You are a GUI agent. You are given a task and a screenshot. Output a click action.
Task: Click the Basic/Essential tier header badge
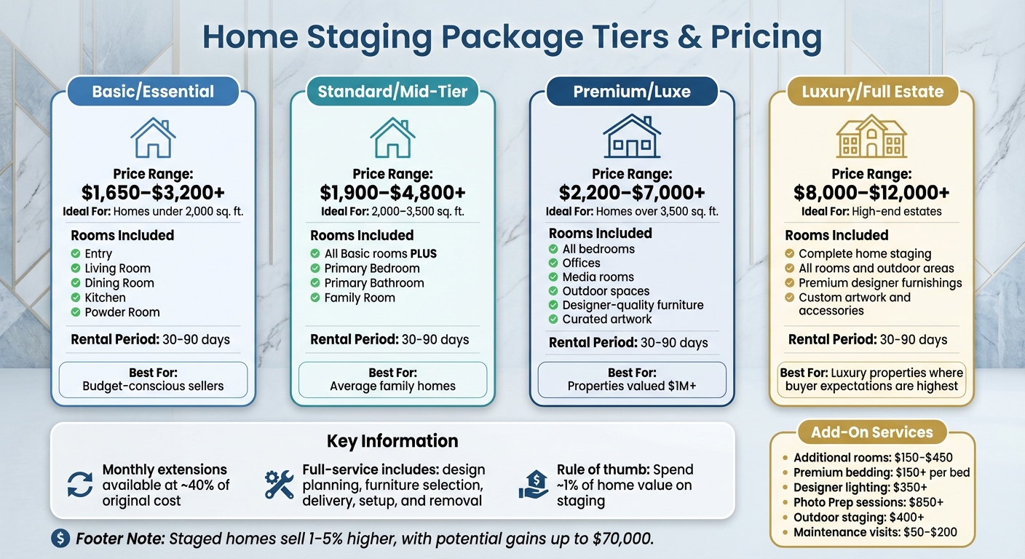coord(153,92)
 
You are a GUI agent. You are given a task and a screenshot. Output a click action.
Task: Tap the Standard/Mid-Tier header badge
coord(392,92)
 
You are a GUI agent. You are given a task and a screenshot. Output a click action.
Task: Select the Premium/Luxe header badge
coord(632,92)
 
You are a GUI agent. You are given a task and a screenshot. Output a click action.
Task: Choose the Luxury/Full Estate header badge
coord(872,92)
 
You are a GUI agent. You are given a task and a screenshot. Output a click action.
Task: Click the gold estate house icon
coord(871,136)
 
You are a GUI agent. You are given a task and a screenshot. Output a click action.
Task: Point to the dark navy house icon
coord(632,136)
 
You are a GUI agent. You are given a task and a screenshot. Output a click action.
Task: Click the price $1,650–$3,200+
coord(153,192)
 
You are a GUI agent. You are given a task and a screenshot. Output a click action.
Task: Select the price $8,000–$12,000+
coord(871,192)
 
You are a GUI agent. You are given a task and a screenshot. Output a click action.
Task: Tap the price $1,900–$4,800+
coord(392,192)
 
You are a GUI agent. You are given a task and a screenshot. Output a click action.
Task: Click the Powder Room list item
coord(122,312)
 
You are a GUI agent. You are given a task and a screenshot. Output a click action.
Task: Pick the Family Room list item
coord(360,298)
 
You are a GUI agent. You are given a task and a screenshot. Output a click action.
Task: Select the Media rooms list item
coord(598,277)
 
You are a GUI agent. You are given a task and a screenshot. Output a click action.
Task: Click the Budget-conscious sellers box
coord(153,379)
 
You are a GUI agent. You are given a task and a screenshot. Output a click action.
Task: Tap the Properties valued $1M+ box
coord(632,379)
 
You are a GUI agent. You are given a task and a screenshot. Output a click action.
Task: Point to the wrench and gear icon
coord(279,485)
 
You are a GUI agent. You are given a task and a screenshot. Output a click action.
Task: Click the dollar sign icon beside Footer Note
coord(60,539)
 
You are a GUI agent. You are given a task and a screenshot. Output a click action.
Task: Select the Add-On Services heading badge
coord(872,432)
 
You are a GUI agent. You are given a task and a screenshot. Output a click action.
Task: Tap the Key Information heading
coord(392,441)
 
